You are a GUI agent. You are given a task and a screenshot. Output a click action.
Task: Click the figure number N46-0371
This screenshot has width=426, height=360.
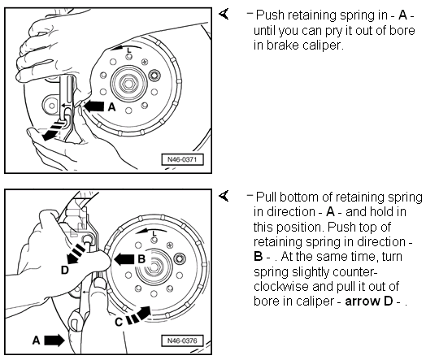(182, 159)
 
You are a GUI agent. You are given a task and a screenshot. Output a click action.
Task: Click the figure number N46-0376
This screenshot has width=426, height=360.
(182, 340)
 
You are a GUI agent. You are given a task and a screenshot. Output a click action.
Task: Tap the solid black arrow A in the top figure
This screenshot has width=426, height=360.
(93, 106)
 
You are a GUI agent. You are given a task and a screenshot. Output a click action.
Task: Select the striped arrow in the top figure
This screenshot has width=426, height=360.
(53, 131)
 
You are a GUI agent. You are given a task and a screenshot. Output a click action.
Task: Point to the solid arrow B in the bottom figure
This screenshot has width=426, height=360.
(124, 259)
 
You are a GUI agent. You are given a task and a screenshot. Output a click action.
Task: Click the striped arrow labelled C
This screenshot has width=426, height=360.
(139, 315)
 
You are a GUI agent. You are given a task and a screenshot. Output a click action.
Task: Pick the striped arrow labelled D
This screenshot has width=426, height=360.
(76, 254)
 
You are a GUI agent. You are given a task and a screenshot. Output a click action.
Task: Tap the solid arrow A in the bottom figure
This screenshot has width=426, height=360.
(54, 340)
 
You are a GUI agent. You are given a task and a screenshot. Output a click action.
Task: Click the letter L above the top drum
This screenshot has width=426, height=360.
(129, 50)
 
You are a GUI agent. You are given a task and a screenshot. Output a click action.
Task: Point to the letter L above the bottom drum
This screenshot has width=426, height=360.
(154, 233)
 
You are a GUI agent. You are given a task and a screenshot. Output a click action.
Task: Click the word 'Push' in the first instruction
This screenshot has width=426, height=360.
(270, 15)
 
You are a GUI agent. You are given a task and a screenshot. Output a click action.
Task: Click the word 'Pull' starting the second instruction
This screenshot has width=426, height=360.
(266, 197)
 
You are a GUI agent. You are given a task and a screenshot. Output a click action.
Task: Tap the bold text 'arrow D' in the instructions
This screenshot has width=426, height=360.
(368, 301)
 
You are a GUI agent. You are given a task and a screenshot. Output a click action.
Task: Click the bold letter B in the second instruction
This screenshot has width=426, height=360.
(258, 257)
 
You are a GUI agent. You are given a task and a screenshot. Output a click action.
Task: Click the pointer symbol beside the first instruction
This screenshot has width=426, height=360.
(224, 14)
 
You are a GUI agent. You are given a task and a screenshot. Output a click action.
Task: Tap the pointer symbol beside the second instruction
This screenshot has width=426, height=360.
(224, 196)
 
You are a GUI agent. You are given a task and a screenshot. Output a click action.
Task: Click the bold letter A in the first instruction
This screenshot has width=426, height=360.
(402, 15)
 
